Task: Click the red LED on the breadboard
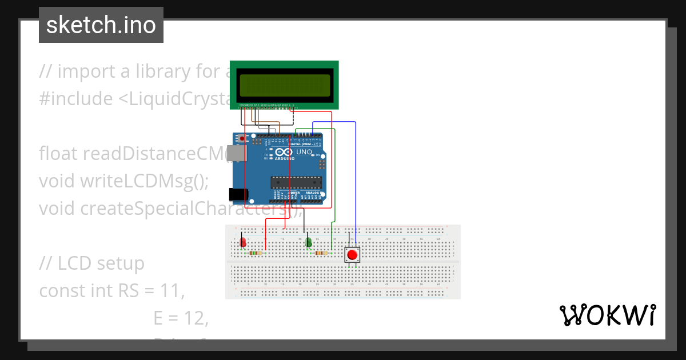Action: [243, 242]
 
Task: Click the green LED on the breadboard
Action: [309, 242]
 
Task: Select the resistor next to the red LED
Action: [256, 253]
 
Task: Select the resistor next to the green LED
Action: [321, 253]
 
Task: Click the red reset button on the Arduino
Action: [242, 139]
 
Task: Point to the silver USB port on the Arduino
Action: [234, 154]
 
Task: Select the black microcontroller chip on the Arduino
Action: [296, 183]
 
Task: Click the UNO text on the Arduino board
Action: [304, 152]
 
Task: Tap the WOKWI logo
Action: [607, 315]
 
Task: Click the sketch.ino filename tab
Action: [101, 25]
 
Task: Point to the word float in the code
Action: [58, 154]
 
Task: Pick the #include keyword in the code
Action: [76, 99]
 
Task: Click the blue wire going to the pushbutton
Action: [356, 183]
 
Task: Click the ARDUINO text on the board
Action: [285, 159]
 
